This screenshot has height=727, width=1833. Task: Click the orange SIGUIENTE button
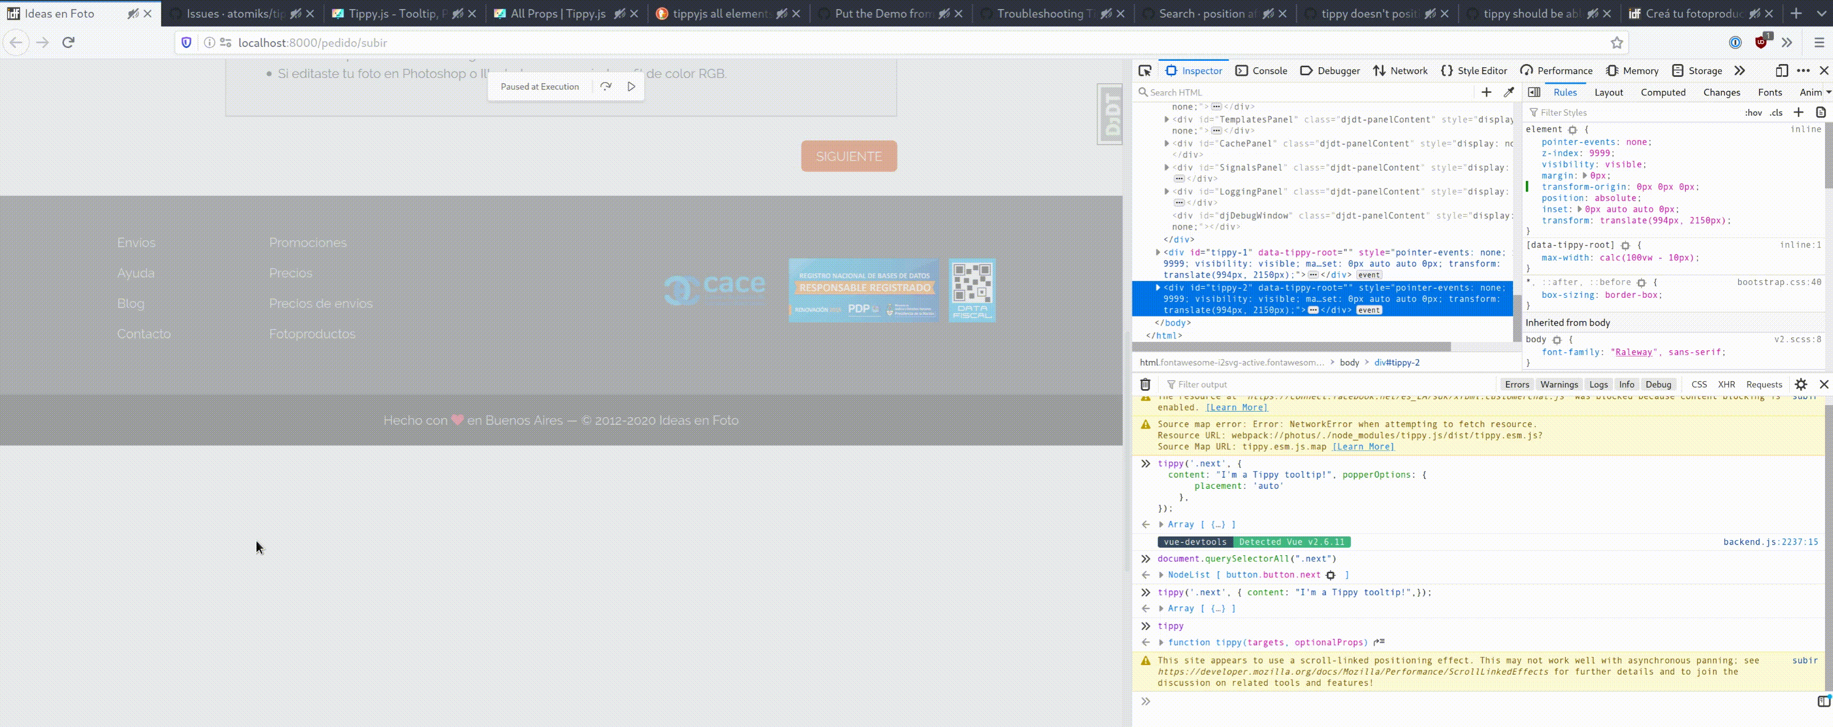[848, 156]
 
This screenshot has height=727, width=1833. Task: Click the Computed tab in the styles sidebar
[1662, 92]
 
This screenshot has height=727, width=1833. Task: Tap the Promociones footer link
[308, 243]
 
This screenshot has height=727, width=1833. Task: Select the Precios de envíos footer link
[320, 303]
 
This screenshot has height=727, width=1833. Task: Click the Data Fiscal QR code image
[971, 290]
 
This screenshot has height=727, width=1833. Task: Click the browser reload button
[68, 43]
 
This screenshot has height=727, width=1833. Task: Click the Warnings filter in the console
[1558, 384]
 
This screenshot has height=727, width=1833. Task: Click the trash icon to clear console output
[1145, 384]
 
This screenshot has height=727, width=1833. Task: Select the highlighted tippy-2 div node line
[1323, 298]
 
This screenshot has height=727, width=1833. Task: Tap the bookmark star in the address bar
[1617, 43]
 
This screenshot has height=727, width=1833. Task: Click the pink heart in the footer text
[457, 420]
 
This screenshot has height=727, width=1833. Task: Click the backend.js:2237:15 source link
[1770, 542]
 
